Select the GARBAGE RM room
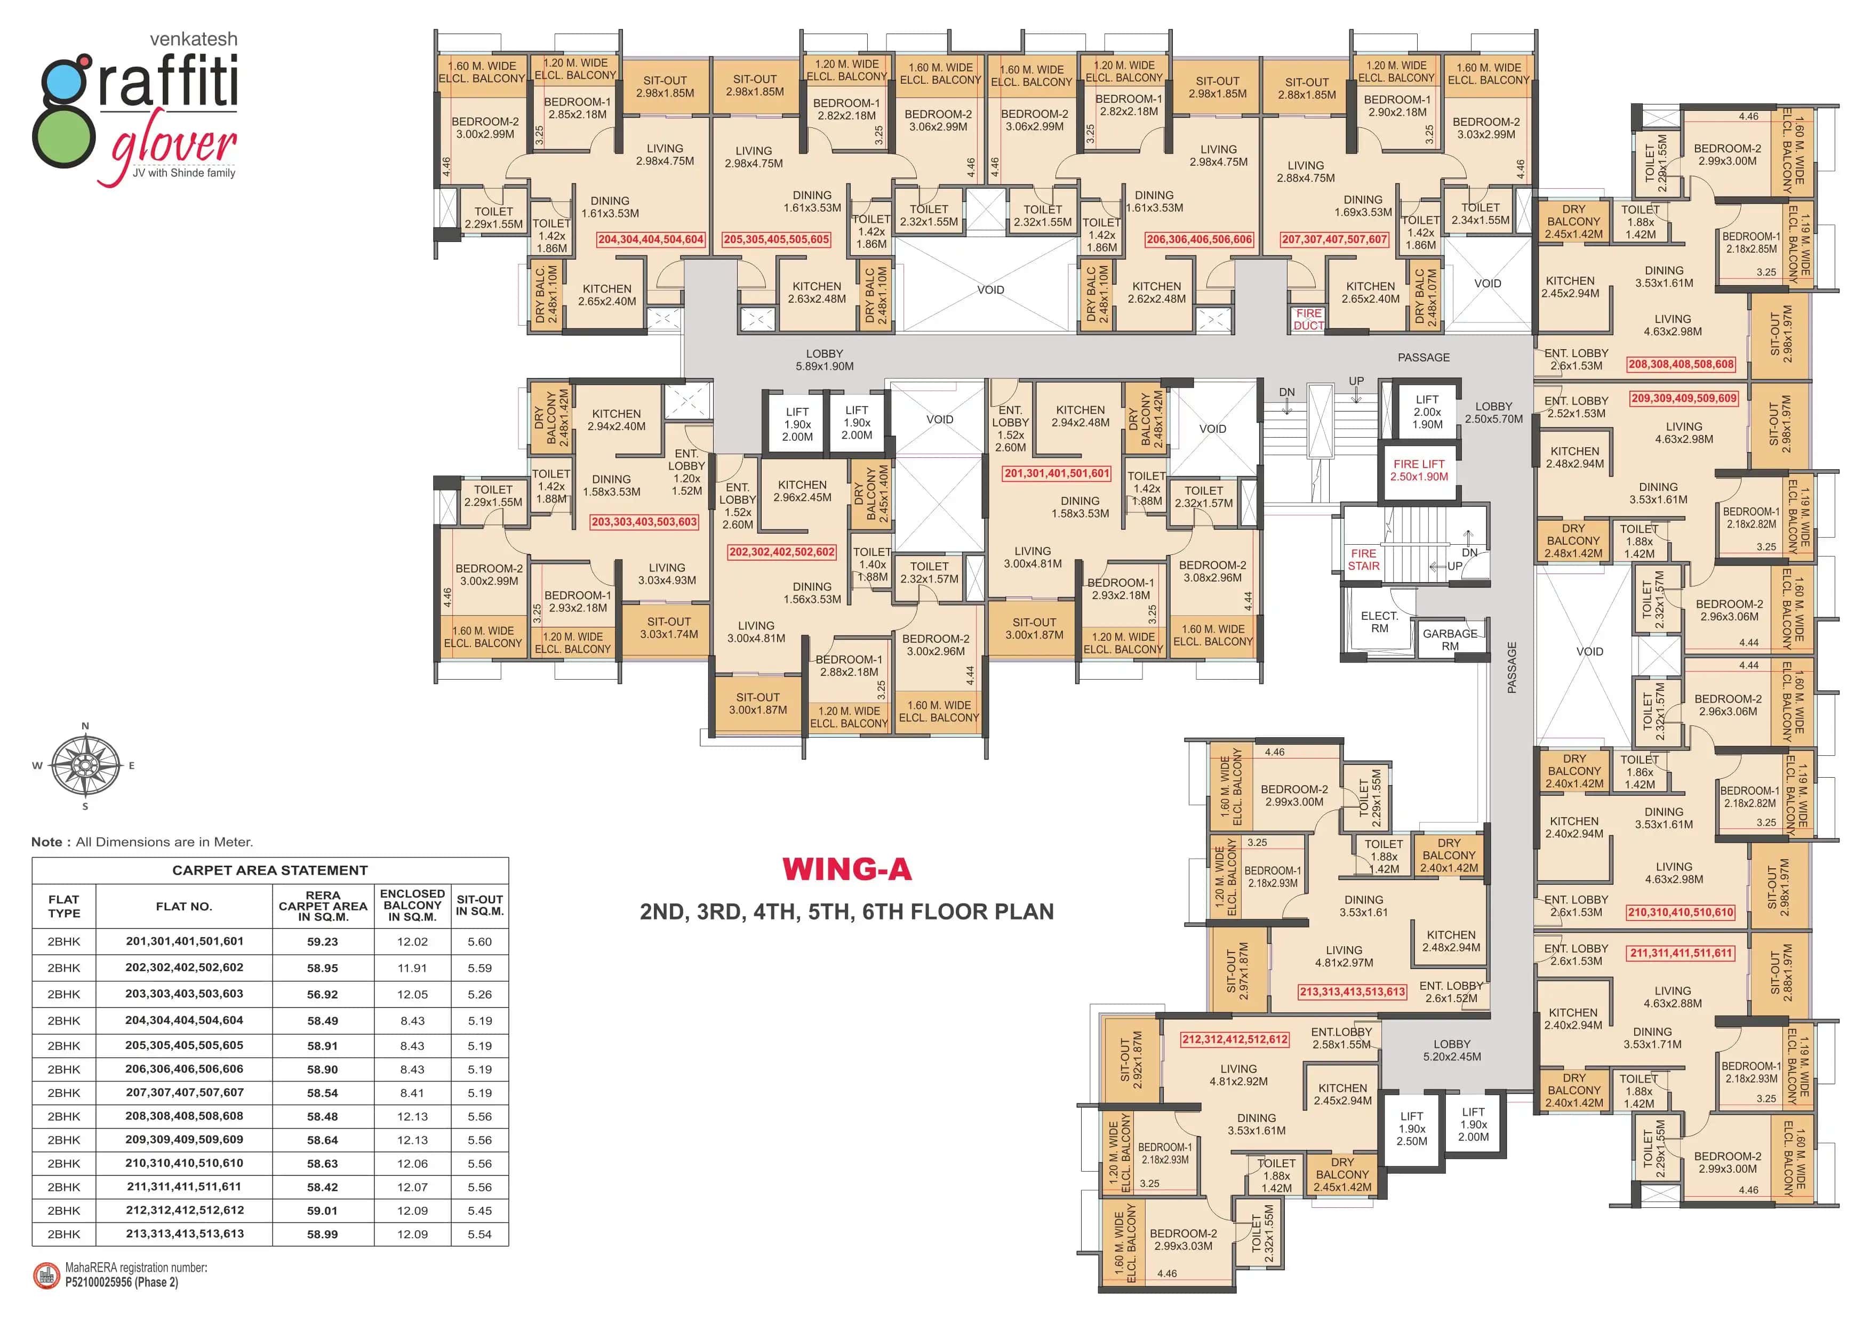pos(1450,640)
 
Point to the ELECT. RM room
pos(1379,622)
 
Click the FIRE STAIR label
pos(1363,560)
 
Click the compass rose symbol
pos(85,766)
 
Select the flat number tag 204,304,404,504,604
pos(650,239)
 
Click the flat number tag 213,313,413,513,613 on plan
pos(1352,991)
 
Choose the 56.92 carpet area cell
pos(323,994)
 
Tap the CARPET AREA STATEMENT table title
pos(270,870)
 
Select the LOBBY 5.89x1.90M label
pos(825,360)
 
